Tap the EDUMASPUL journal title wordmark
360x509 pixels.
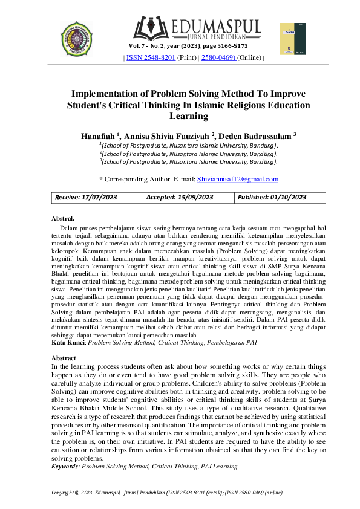pos(216,27)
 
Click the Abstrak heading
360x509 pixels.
pos(63,218)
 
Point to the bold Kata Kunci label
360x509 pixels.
pos(68,342)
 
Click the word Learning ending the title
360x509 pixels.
pos(180,115)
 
